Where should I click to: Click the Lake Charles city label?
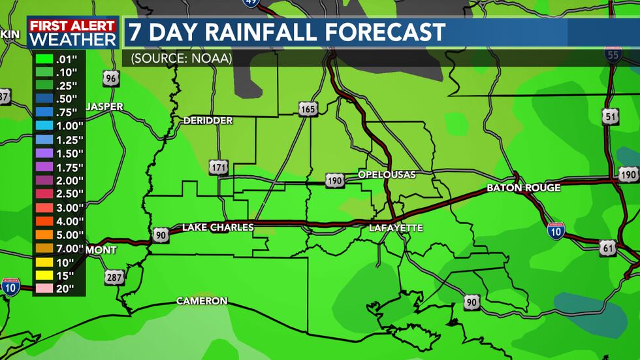pyautogui.click(x=217, y=227)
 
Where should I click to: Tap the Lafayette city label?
pyautogui.click(x=396, y=228)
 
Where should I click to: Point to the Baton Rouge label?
pyautogui.click(x=523, y=188)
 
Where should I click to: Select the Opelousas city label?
pyautogui.click(x=387, y=174)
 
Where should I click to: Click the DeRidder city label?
pyautogui.click(x=208, y=121)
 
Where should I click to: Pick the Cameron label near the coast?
pyautogui.click(x=202, y=301)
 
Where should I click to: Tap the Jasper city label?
pyautogui.click(x=104, y=106)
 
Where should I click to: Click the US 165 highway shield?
pyautogui.click(x=308, y=108)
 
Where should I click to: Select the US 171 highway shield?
pyautogui.click(x=219, y=167)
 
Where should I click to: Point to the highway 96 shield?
pyautogui.click(x=111, y=79)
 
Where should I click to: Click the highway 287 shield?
pyautogui.click(x=114, y=278)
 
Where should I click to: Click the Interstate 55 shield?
pyautogui.click(x=613, y=54)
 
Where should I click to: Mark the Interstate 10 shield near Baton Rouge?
pyautogui.click(x=556, y=231)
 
